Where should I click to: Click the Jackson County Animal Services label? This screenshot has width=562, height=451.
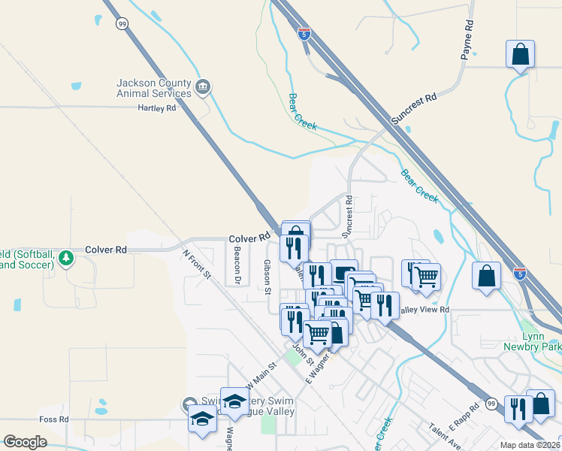[153, 88]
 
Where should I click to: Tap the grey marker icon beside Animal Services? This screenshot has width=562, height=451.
[202, 88]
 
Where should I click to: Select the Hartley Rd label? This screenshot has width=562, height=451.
[156, 108]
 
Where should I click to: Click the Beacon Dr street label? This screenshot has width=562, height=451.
[237, 266]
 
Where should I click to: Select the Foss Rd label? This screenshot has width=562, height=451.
[54, 419]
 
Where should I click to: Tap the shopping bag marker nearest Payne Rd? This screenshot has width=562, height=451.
[520, 55]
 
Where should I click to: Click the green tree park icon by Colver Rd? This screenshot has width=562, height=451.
[67, 258]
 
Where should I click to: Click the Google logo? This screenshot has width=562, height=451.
[25, 442]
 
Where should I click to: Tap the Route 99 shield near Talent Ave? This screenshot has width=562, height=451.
[491, 404]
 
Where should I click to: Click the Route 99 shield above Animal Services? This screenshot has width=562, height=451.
[122, 24]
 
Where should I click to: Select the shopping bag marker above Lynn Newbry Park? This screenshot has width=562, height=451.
[486, 275]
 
